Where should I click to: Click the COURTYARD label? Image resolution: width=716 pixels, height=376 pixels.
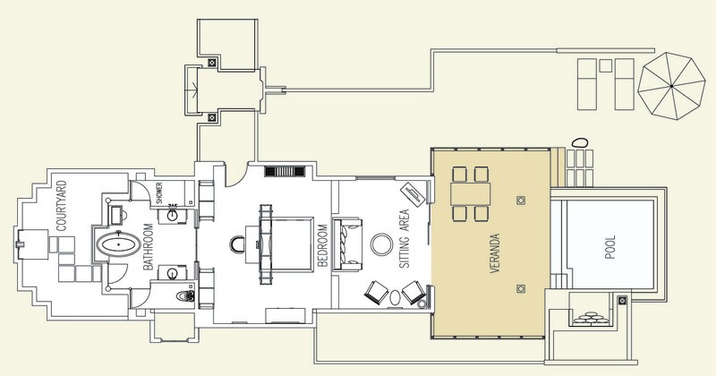(62, 206)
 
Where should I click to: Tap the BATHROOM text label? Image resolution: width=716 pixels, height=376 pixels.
(148, 247)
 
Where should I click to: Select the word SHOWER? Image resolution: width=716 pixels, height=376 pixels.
(159, 192)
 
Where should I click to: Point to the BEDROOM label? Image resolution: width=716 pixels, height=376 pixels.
(322, 245)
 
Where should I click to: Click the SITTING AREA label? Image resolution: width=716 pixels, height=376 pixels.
(405, 238)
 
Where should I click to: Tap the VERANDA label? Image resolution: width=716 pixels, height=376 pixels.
(495, 254)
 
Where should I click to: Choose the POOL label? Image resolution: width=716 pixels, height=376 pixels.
(610, 247)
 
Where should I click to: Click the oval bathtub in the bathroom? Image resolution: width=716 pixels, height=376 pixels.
(118, 244)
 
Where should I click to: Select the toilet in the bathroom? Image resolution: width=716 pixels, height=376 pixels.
(185, 295)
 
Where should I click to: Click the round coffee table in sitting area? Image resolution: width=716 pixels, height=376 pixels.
(382, 245)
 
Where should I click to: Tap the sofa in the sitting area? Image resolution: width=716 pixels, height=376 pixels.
(348, 245)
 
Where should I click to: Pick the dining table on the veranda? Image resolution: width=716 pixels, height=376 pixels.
(471, 193)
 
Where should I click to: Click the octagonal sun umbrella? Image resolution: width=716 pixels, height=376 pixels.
(671, 86)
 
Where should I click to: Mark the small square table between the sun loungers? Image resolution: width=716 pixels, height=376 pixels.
(606, 65)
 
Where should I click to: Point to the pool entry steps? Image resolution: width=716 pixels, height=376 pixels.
(558, 280)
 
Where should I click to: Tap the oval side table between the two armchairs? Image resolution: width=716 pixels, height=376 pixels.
(395, 297)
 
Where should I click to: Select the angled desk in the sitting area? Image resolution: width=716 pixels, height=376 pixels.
(413, 194)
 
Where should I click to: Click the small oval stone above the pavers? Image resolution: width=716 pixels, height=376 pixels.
(579, 142)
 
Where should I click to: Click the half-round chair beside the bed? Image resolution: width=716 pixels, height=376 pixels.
(238, 244)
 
